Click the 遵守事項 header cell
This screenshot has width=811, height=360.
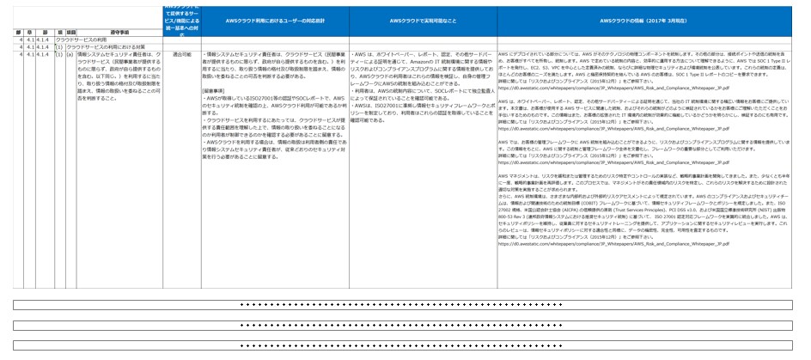119,32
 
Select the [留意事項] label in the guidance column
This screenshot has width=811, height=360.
215,90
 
